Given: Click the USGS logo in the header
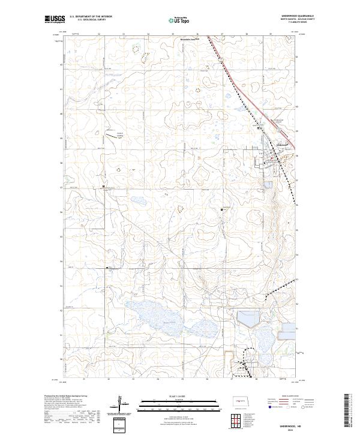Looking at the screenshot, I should [x=55, y=19].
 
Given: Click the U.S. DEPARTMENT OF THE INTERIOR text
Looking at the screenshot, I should [x=91, y=16].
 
